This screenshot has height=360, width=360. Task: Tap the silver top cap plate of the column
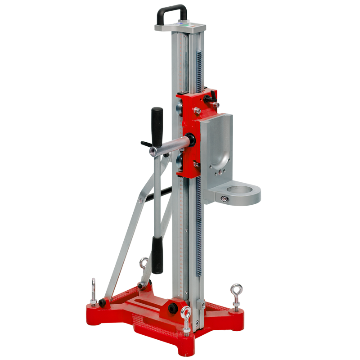[180, 27]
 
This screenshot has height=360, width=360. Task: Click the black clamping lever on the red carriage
[211, 95]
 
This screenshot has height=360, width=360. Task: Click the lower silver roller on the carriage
[179, 162]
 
